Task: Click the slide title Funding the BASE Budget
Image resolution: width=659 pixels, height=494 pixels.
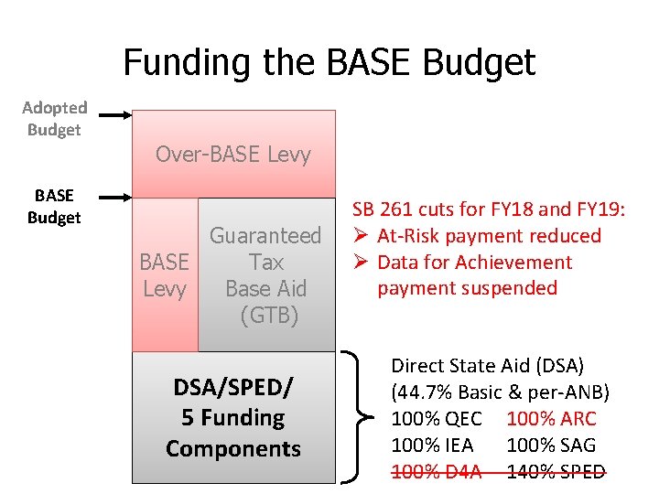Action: click(x=329, y=62)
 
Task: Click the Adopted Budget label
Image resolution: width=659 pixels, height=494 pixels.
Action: click(x=54, y=119)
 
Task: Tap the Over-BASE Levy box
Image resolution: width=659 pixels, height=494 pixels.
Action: click(x=233, y=154)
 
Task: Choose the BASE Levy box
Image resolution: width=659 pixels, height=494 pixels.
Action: click(x=165, y=275)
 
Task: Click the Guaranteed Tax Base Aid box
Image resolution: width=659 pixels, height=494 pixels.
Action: click(x=266, y=275)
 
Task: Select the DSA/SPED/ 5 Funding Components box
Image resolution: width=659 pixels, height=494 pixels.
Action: click(x=233, y=418)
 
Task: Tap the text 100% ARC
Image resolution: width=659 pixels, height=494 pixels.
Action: click(x=550, y=419)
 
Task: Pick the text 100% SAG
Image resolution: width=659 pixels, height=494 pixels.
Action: click(x=550, y=446)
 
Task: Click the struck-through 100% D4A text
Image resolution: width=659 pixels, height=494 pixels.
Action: click(x=436, y=472)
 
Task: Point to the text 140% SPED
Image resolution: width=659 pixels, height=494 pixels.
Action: click(x=556, y=472)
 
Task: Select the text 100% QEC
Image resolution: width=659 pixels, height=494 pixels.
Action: click(x=436, y=419)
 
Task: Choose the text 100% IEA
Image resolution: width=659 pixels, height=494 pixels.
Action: click(x=432, y=446)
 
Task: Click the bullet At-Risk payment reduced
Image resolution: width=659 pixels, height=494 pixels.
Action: click(x=489, y=236)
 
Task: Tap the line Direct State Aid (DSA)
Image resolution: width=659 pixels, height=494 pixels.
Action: click(x=487, y=366)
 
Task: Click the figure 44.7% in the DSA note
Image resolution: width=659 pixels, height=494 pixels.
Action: click(x=425, y=392)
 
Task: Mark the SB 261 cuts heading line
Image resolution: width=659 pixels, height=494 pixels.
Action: click(x=489, y=209)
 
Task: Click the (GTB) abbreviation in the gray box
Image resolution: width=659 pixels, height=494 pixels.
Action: click(x=269, y=317)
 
